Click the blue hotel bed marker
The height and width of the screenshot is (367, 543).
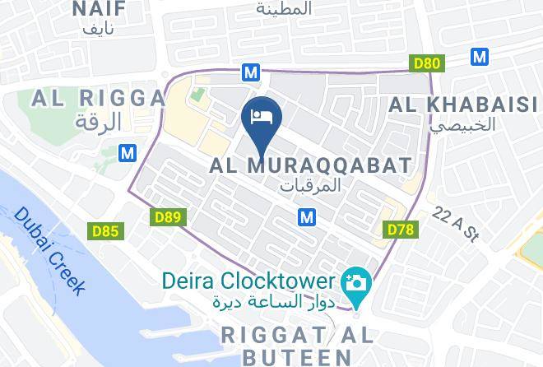(261, 118)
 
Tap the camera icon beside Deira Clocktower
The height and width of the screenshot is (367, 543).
(359, 283)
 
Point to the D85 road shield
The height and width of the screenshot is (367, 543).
(104, 231)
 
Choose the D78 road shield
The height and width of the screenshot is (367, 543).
(399, 230)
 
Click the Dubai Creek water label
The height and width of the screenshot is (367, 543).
(50, 250)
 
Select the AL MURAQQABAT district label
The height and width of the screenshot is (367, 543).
(310, 165)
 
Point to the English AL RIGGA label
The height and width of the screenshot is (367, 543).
(98, 99)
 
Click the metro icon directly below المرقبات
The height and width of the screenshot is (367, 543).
(307, 216)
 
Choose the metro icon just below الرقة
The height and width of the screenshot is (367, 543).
(127, 153)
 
